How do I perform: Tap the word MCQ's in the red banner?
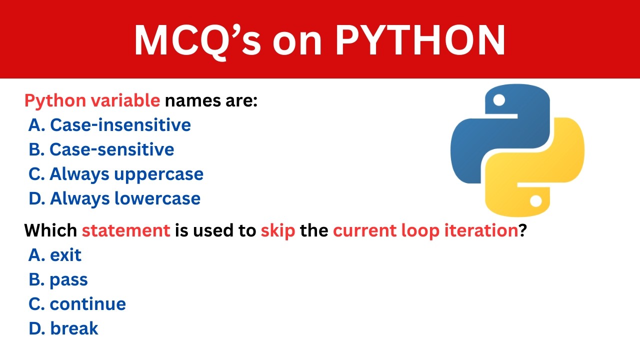(x=197, y=40)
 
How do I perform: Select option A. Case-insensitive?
(x=110, y=125)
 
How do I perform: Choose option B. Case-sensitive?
(x=101, y=149)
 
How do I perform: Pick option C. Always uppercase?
(x=116, y=174)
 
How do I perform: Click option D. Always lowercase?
(x=115, y=198)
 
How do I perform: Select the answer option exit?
(x=55, y=255)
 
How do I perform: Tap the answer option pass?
(x=58, y=279)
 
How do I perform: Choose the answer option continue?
(x=77, y=304)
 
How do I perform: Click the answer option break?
(x=64, y=328)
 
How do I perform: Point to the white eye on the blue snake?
(x=499, y=100)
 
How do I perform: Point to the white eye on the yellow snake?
(x=536, y=201)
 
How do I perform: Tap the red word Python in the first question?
(x=55, y=101)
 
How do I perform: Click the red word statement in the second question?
(x=126, y=230)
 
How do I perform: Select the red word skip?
(x=277, y=230)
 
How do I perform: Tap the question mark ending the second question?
(x=522, y=230)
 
